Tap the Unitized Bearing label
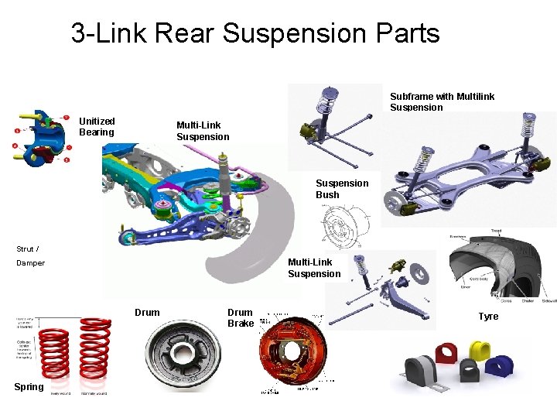(x=97, y=126)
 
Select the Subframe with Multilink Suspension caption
(x=442, y=102)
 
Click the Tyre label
(x=488, y=316)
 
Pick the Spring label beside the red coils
(x=29, y=386)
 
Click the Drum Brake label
(x=241, y=317)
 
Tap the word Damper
(x=31, y=263)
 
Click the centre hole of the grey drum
(x=183, y=352)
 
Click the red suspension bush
(x=446, y=354)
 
